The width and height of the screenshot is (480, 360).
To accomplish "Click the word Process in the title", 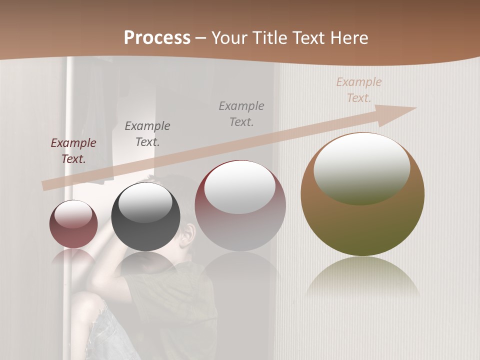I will click(x=157, y=38).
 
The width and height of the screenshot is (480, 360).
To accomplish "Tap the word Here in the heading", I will click(x=348, y=38).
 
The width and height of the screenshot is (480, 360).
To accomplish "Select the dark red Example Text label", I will click(x=73, y=151).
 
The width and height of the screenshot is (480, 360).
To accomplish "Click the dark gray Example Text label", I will click(x=147, y=133).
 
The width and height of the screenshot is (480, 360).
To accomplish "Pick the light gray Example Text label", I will click(x=241, y=113).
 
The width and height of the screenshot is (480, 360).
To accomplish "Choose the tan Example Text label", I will click(x=359, y=90).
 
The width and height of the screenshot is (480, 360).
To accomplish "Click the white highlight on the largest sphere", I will click(x=362, y=166).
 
